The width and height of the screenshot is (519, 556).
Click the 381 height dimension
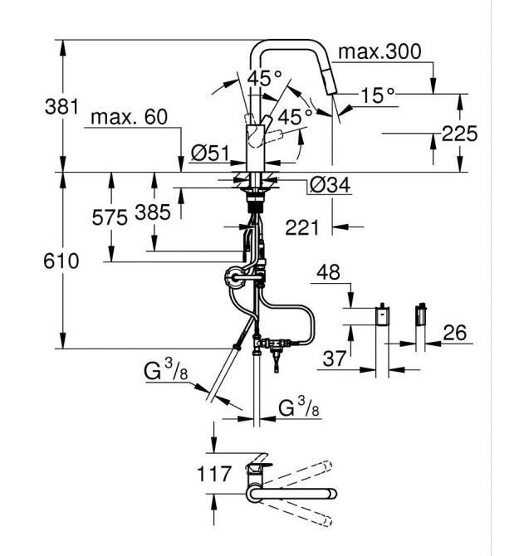[x=61, y=107]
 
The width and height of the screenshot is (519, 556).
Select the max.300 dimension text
[x=380, y=51]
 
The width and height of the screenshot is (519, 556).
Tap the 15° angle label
[x=378, y=95]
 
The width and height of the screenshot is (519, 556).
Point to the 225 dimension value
[x=459, y=134]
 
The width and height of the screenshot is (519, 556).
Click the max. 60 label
[x=129, y=117]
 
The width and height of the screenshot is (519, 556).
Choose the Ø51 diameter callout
[x=210, y=154]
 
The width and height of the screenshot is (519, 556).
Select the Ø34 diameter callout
[x=330, y=184]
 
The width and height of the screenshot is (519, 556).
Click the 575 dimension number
[x=110, y=217]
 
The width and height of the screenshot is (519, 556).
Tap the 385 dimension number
[x=153, y=212]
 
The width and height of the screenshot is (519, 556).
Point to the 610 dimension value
[x=61, y=261]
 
